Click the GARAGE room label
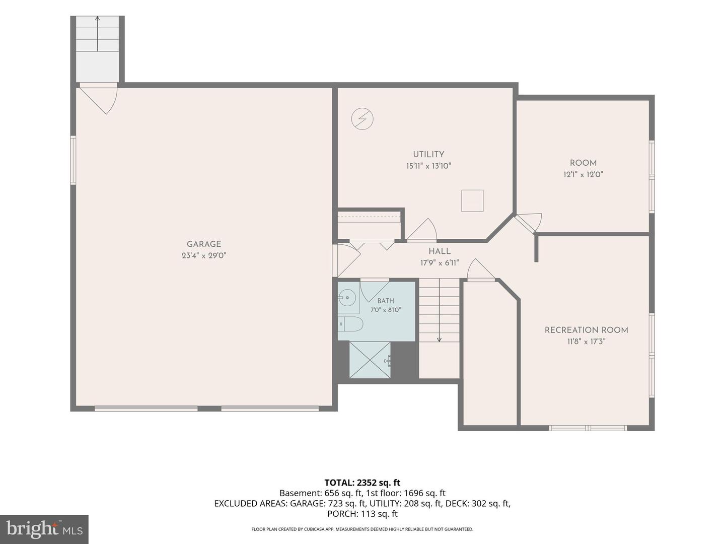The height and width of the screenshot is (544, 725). (x=204, y=244)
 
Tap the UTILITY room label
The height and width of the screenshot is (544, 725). (x=428, y=154)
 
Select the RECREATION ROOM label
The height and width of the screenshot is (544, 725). (x=586, y=330)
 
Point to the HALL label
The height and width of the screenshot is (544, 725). (x=440, y=251)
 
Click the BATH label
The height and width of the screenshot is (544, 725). (x=386, y=301)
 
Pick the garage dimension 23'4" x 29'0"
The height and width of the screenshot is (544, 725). (x=204, y=255)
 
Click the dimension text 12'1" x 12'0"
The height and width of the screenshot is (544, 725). (x=584, y=174)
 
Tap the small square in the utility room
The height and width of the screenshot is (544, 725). (x=472, y=200)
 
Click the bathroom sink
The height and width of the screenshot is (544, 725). (x=348, y=298)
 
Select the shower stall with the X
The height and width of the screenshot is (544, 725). (x=370, y=360)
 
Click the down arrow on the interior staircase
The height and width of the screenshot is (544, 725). (x=439, y=310)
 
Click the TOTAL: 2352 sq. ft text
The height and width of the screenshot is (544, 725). (x=362, y=483)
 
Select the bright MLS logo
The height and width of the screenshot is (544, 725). (x=44, y=529)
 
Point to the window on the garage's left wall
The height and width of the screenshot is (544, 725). (x=73, y=160)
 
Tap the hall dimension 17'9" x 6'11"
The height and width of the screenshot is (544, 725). (x=440, y=263)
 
